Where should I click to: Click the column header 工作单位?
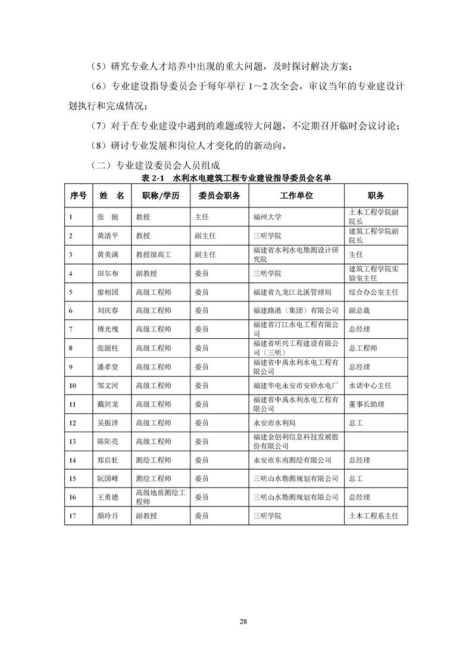tap(296, 196)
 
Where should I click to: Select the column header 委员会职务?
tap(219, 196)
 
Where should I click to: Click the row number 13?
tap(73, 441)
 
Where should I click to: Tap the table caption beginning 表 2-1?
tap(236, 178)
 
